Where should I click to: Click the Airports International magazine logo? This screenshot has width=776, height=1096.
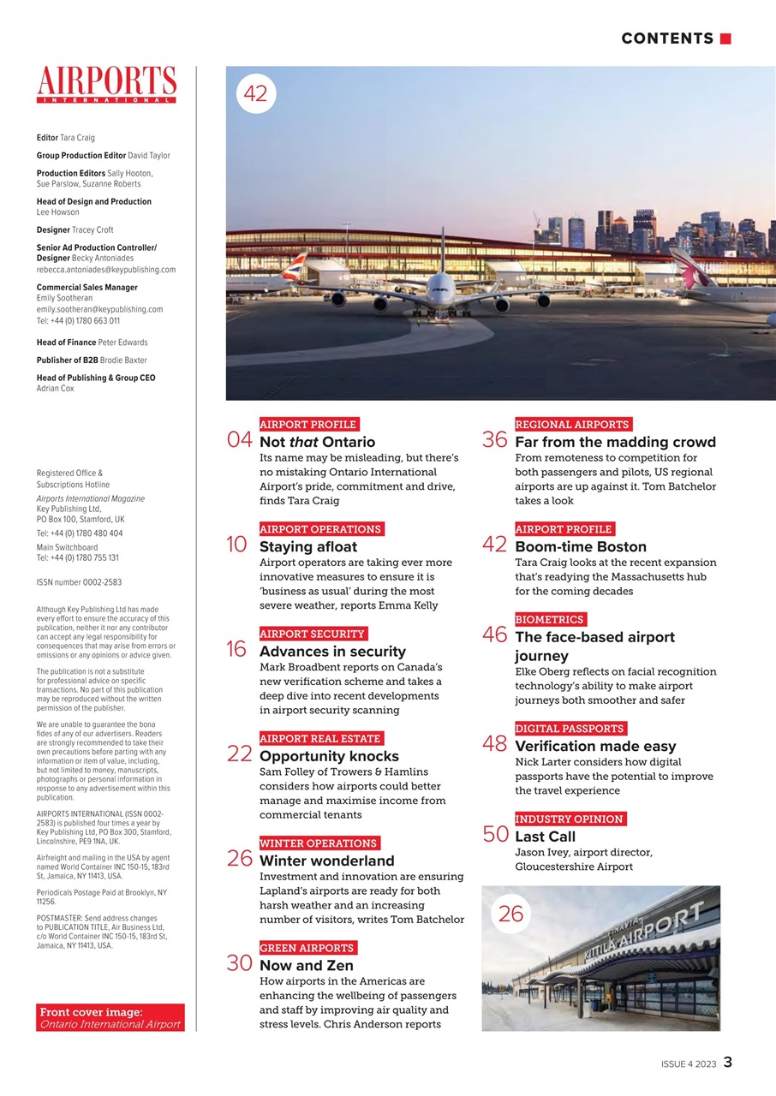click(x=106, y=84)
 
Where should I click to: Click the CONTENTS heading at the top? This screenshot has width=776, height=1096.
click(x=667, y=39)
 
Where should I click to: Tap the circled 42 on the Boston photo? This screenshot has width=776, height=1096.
click(x=255, y=94)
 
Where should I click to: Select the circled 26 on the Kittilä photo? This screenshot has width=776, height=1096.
click(x=510, y=914)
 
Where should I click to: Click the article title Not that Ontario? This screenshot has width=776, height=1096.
click(x=317, y=442)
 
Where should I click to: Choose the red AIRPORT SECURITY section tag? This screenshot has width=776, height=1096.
click(x=313, y=634)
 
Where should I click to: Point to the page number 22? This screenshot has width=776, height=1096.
click(x=239, y=753)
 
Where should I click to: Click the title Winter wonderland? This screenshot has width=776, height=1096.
click(x=326, y=861)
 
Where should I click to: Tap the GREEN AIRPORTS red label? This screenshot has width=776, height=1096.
click(x=307, y=948)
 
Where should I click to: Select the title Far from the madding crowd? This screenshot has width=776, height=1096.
click(x=615, y=442)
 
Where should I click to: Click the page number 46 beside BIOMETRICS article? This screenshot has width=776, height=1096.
click(x=494, y=634)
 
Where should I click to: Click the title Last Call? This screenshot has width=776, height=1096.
click(x=545, y=837)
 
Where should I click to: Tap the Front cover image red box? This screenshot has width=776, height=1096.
click(x=110, y=1017)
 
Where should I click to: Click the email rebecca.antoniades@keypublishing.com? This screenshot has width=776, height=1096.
click(x=105, y=269)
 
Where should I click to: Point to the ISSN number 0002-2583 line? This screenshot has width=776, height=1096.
click(x=79, y=582)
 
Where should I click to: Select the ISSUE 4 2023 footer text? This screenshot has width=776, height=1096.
click(x=689, y=1063)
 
